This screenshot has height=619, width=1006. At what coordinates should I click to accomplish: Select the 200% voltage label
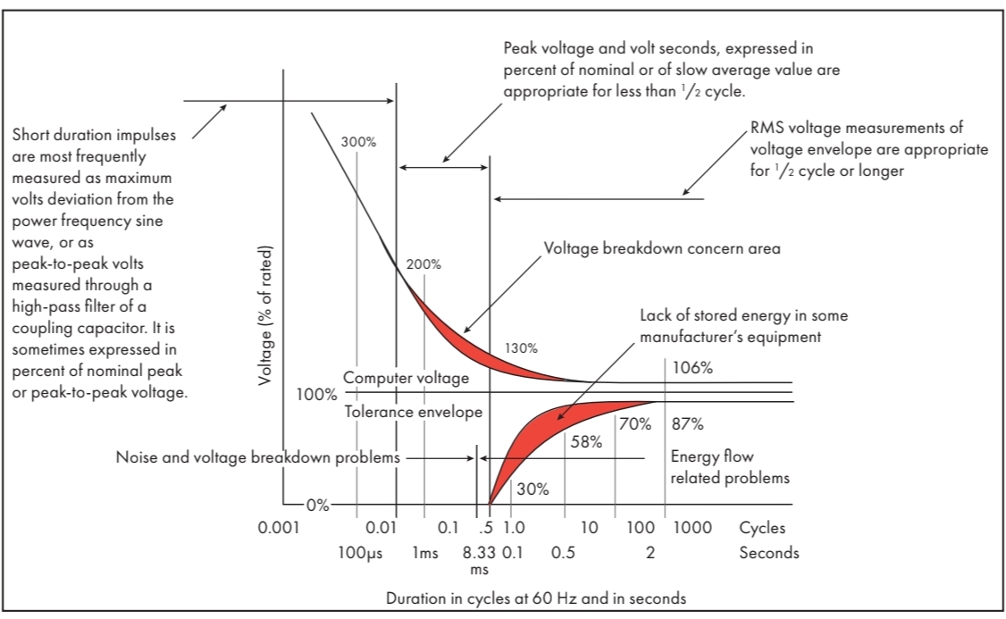click(x=423, y=265)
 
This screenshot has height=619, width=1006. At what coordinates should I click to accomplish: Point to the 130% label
click(x=522, y=348)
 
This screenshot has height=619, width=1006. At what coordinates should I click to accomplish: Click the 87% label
click(x=688, y=424)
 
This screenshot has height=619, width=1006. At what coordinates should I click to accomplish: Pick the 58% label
click(x=586, y=441)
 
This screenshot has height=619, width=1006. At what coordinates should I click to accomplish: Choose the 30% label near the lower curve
click(x=532, y=489)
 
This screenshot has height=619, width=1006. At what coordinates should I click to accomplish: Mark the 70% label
click(x=635, y=424)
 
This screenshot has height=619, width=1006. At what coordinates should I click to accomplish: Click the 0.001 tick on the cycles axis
click(x=279, y=528)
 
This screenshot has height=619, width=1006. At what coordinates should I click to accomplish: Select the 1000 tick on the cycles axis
click(x=692, y=528)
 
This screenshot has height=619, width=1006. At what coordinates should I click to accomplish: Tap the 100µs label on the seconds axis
click(x=361, y=553)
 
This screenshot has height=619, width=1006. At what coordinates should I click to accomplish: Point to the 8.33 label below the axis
click(x=479, y=553)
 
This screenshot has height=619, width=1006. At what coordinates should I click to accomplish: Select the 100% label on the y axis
click(x=316, y=393)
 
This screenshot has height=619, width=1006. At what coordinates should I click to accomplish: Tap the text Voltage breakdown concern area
click(x=662, y=248)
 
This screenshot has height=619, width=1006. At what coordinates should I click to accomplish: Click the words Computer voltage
click(x=407, y=378)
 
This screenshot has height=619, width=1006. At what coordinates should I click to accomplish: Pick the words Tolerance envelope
click(x=414, y=412)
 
